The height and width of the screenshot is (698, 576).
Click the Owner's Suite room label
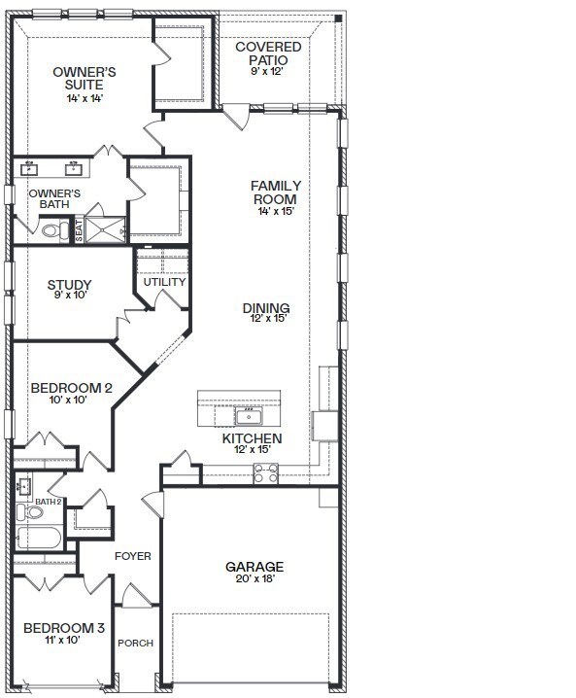tap(85, 79)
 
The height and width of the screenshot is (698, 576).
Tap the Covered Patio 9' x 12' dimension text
tap(267, 71)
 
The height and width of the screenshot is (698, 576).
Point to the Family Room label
tap(276, 192)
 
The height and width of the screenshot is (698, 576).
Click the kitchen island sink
tap(249, 417)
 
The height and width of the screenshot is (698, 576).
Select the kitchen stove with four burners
tap(265, 473)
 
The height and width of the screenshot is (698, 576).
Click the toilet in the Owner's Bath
tap(55, 230)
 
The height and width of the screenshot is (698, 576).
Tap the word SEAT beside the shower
tap(79, 230)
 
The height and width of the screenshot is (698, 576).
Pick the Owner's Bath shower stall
tap(105, 229)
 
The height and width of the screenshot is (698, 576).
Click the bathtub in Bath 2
tap(39, 538)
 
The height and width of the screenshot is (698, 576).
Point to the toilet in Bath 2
tap(30, 512)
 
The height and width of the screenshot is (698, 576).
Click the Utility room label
tap(164, 282)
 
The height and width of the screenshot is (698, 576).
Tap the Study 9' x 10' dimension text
tap(70, 295)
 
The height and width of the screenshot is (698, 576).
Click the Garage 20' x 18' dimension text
tap(254, 578)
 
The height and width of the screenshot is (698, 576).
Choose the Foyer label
tap(132, 556)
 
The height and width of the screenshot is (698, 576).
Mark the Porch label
tap(136, 644)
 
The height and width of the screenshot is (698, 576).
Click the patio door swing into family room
tap(236, 117)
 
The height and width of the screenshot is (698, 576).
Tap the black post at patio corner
tap(338, 18)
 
